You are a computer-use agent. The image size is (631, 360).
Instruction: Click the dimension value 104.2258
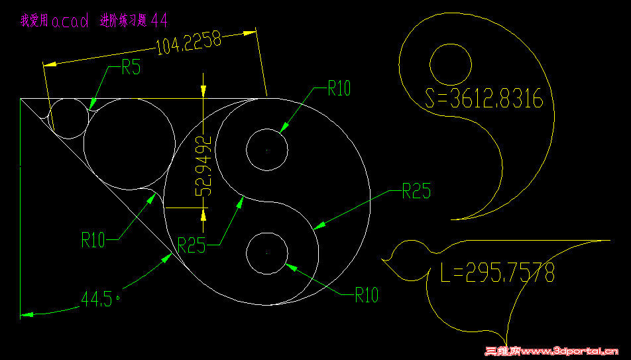tap(189, 42)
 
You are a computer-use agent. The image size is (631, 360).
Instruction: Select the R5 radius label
tap(131, 67)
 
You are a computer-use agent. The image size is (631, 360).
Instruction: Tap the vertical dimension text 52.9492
tap(203, 166)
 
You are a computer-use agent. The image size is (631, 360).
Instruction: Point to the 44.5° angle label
tap(101, 299)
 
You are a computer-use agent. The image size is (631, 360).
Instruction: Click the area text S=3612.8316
tap(484, 98)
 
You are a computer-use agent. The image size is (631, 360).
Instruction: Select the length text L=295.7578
tap(498, 272)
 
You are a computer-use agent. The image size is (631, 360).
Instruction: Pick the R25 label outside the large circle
tap(416, 191)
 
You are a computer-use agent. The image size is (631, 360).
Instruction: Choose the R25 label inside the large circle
tap(192, 245)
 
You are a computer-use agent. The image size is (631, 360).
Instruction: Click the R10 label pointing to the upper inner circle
tap(339, 88)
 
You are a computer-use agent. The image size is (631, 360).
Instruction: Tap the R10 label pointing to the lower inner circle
tap(367, 295)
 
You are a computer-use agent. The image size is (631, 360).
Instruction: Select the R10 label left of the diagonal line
tap(93, 240)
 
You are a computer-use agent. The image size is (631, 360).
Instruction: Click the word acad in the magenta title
tap(70, 21)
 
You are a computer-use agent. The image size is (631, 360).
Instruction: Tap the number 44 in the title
tap(159, 20)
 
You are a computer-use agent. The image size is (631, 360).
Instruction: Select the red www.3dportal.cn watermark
tap(551, 351)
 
